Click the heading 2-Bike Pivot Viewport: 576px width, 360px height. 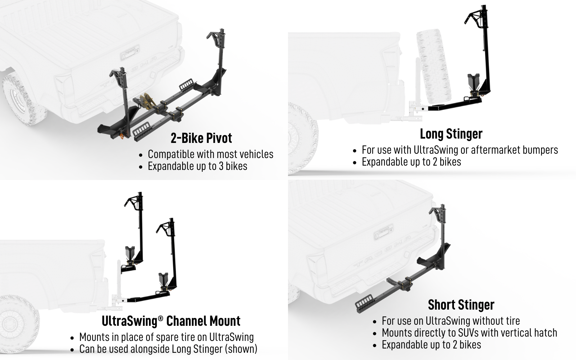tap(201, 138)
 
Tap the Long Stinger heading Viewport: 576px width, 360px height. tap(451, 134)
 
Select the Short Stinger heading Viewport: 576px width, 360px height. tap(461, 305)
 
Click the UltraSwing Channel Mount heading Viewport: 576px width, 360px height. tap(171, 321)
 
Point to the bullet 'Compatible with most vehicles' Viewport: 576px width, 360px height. tap(210, 154)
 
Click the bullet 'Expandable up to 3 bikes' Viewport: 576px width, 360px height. tap(198, 166)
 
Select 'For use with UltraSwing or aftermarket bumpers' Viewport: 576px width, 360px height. tap(460, 150)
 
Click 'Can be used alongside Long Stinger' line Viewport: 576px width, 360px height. tap(168, 349)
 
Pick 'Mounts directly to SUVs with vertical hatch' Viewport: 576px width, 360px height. tap(469, 333)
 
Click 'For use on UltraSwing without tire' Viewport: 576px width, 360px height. tap(451, 321)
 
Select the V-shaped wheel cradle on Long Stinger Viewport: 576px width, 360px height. tap(473, 82)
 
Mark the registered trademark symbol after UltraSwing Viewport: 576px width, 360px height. tap(161, 318)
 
